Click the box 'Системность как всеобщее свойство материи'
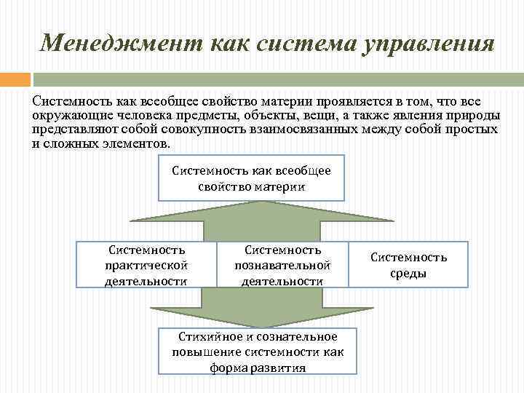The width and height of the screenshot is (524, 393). [251, 178]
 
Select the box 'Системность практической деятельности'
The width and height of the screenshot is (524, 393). [146, 264]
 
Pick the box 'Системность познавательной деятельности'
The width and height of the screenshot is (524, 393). [282, 264]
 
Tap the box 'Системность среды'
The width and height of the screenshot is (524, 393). [409, 264]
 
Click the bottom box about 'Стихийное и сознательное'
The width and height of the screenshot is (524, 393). [258, 352]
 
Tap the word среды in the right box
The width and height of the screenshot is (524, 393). [409, 274]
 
